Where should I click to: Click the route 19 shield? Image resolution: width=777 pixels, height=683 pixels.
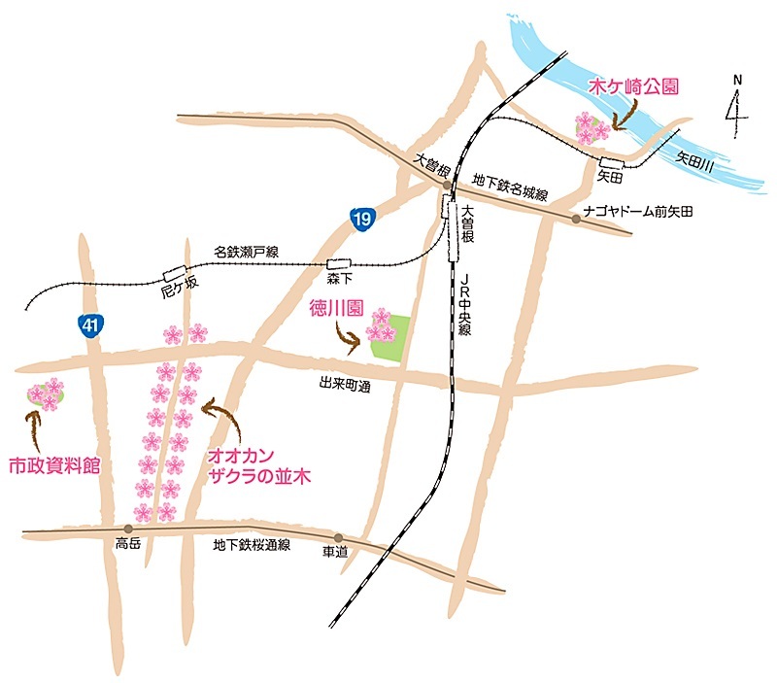362,220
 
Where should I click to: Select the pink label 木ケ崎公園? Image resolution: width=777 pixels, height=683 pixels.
633,86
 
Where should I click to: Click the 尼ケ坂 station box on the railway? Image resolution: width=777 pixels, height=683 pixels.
175,273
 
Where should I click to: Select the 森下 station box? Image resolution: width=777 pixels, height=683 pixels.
339,263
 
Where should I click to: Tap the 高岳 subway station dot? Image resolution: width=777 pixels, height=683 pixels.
128,529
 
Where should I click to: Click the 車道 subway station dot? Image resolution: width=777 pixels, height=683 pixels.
337,537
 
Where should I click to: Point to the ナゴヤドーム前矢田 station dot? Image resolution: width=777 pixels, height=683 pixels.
576,219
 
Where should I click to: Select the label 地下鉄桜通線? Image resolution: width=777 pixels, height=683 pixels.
253,547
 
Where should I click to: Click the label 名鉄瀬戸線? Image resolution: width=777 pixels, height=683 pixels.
247,252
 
